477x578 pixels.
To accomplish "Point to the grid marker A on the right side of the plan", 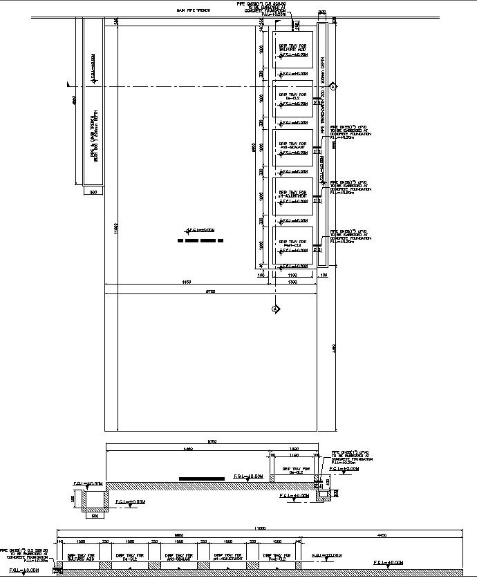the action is click(333, 87).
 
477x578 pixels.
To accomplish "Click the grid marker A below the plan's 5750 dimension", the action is click(274, 309).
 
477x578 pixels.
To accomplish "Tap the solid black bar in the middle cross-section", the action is click(202, 479).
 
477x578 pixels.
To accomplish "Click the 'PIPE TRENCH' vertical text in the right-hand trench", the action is click(321, 111).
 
